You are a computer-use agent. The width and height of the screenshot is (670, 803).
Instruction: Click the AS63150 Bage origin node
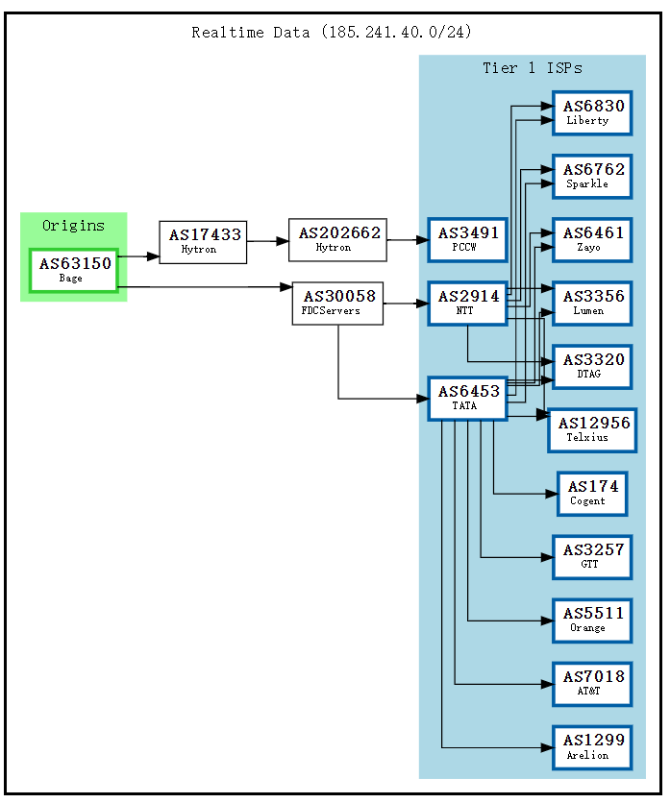coord(74,270)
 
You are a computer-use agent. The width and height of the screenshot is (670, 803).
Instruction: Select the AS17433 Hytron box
coord(203,241)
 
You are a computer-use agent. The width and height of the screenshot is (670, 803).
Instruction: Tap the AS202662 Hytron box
coord(337,239)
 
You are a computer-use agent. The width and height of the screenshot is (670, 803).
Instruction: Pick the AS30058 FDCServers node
coord(337,303)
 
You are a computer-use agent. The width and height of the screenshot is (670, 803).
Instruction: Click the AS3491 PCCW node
coord(467,239)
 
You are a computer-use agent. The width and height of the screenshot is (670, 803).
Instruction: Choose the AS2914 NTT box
coord(467,303)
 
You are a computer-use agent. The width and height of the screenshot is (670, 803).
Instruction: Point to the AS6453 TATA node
coord(467,398)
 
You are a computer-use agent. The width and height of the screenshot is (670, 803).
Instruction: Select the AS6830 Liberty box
coord(592,112)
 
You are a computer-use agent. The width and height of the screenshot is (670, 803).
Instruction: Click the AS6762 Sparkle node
coord(592,176)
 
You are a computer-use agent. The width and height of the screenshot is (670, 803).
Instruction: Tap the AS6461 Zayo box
coord(592,239)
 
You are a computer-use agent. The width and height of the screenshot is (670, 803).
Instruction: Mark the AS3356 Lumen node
coord(592,303)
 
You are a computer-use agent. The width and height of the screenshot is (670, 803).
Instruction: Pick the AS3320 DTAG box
coord(592,366)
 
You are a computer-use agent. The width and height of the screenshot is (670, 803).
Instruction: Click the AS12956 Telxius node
coord(592,429)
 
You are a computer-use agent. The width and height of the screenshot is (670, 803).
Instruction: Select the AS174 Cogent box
coord(592,493)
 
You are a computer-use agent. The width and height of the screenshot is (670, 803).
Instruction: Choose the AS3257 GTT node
coord(592,556)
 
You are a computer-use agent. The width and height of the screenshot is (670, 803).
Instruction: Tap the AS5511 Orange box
coord(592,620)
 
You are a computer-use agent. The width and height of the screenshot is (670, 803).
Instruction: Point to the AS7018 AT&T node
coord(592,683)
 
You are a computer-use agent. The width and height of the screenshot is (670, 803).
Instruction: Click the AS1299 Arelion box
coord(592,746)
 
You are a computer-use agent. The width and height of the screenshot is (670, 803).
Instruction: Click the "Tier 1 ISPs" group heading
coord(532,68)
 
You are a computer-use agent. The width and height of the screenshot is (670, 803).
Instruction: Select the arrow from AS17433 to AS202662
coord(268,241)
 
